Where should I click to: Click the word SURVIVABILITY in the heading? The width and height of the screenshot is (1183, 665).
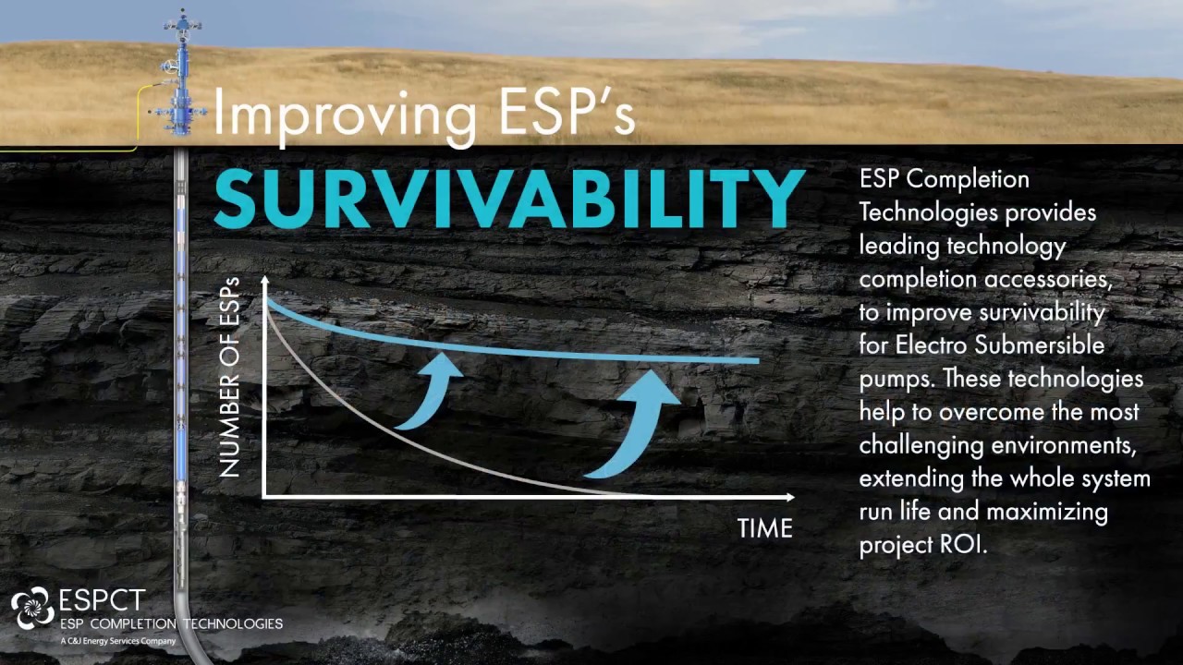[508, 198]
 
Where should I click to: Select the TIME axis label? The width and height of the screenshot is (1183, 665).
[764, 529]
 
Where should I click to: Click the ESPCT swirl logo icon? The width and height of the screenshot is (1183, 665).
[32, 608]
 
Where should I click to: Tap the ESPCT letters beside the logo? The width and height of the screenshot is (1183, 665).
[102, 601]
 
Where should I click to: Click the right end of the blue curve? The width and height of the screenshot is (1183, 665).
[756, 360]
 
